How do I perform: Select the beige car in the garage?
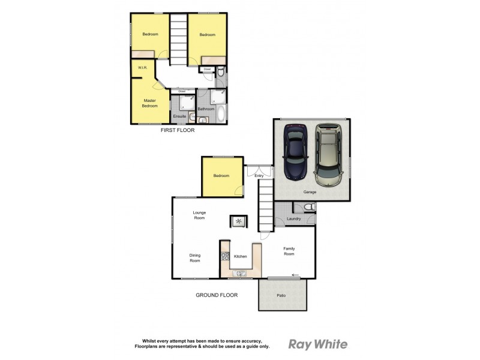click(328, 155)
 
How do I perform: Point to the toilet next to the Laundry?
click(308, 208)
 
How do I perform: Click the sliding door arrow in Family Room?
click(295, 276)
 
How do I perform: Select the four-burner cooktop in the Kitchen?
click(225, 256)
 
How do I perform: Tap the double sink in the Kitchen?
click(239, 274)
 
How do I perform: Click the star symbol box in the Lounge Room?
click(239, 222)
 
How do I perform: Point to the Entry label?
click(260, 176)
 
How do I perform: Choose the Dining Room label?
click(195, 258)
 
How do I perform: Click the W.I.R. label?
click(143, 68)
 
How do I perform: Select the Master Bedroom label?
click(149, 103)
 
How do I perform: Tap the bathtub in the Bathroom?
click(220, 113)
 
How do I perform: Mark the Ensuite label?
click(179, 116)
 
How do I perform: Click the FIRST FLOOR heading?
click(177, 130)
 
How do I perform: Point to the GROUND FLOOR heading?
click(217, 295)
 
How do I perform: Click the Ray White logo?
click(318, 344)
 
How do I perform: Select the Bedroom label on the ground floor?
click(221, 176)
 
